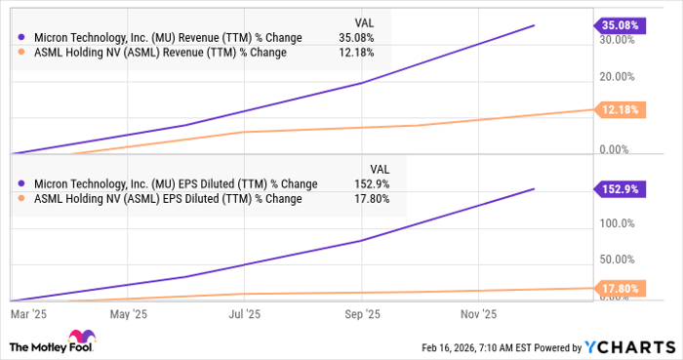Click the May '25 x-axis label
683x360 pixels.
(x=129, y=314)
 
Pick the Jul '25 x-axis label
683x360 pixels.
(x=244, y=314)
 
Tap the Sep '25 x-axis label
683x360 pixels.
(x=362, y=314)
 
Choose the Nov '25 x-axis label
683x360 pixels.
(x=478, y=314)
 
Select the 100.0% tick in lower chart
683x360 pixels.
(x=619, y=223)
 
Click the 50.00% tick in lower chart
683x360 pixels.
(x=619, y=260)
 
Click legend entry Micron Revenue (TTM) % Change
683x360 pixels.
(x=162, y=38)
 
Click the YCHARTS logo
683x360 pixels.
(x=627, y=347)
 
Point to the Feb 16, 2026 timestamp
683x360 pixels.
(x=460, y=347)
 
